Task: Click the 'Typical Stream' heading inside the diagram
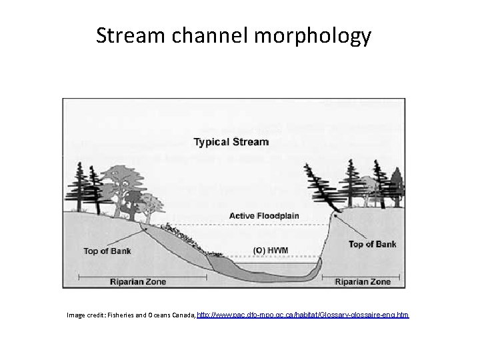point(231,142)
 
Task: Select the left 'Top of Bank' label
point(106,251)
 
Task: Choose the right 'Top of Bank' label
point(372,244)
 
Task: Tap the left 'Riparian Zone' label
point(138,281)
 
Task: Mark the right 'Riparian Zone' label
point(363,281)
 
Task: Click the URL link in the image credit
point(303,313)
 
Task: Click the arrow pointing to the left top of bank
point(134,236)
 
